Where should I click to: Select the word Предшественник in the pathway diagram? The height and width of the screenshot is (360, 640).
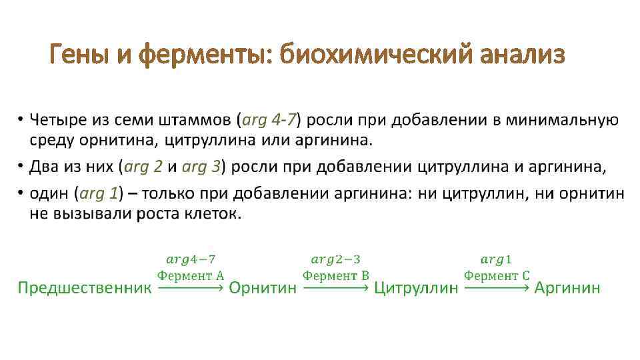pos(84,288)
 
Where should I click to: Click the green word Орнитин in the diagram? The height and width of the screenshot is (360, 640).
pos(263,288)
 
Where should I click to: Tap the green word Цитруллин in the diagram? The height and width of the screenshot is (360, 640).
pos(416,288)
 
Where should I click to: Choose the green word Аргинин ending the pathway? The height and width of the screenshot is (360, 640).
pos(567,288)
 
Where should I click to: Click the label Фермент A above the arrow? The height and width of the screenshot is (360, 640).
pos(190,275)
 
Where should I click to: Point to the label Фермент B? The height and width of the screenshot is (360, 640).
pos(336,275)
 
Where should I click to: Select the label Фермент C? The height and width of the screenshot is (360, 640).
pos(497,275)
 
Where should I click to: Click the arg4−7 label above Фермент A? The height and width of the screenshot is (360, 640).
pos(191,259)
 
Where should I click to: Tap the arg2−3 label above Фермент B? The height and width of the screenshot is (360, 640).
pos(336,259)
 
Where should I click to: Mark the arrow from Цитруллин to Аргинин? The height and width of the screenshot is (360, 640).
pos(497,288)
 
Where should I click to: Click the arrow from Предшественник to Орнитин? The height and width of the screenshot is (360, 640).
pos(190,288)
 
